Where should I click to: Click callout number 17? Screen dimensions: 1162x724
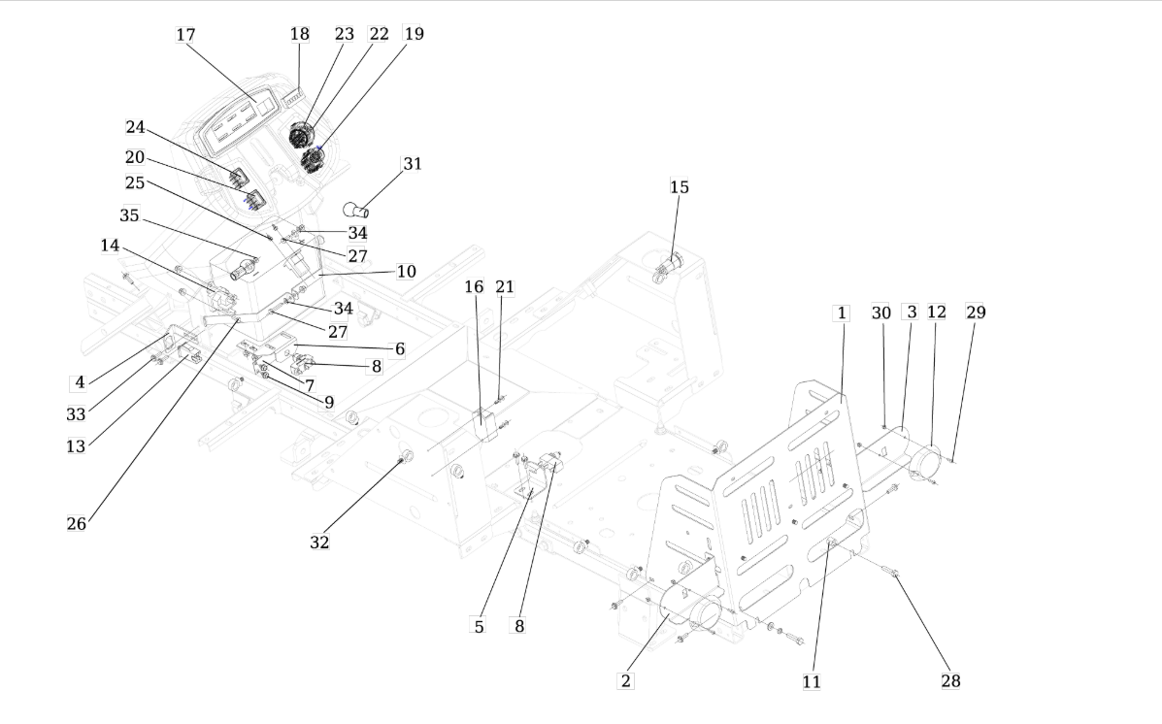[x=185, y=35]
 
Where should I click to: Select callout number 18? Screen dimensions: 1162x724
[x=299, y=34]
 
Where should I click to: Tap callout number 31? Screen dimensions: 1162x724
[x=412, y=164]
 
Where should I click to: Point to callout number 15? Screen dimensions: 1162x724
[x=679, y=187]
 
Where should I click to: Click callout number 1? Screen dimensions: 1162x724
[x=841, y=313]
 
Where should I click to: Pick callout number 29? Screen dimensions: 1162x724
[x=976, y=312]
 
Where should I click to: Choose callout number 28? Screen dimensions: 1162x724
[x=950, y=681]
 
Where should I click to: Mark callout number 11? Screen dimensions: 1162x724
[x=812, y=681]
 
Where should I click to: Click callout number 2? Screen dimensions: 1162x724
[x=626, y=681]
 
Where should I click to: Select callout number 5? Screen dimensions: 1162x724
[x=479, y=627]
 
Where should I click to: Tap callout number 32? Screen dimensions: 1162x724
[x=319, y=543]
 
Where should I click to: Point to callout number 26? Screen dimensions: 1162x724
[x=77, y=524]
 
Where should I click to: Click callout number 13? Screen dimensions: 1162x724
[x=76, y=446]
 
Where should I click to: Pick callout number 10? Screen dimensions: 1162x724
[x=406, y=272]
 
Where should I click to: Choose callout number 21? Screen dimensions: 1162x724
[x=505, y=286]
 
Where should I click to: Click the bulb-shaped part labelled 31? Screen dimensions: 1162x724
[x=355, y=210]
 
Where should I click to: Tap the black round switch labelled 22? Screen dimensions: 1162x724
[x=302, y=135]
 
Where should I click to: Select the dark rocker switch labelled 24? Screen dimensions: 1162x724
[x=239, y=179]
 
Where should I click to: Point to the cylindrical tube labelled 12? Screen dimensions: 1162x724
[x=925, y=461]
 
